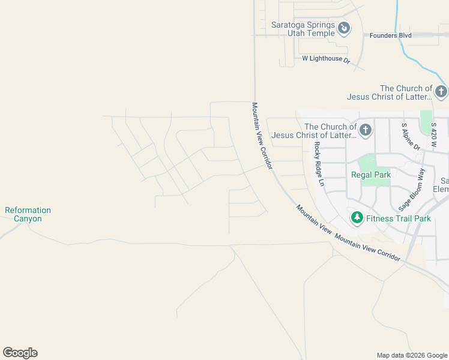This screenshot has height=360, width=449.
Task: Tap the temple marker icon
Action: pos(344,28)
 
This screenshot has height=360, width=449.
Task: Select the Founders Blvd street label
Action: pos(390,35)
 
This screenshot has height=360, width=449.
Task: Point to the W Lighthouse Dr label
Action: pos(326,59)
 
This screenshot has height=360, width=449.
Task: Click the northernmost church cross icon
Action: pos(441,92)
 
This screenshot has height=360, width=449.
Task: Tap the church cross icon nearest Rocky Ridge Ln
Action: pos(365,130)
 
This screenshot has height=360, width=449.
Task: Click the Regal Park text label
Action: pos(371,175)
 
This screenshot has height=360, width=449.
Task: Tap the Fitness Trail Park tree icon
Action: pos(357,217)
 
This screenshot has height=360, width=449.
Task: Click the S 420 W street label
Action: pos(433,136)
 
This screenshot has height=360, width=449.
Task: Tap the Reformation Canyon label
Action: pos(28,214)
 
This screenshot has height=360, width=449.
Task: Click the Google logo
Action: pos(20,353)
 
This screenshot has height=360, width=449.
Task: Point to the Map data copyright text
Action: pos(412,355)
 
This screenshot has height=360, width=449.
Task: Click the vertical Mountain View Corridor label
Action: pos(262,135)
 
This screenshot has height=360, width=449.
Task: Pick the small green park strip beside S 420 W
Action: pos(426,122)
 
